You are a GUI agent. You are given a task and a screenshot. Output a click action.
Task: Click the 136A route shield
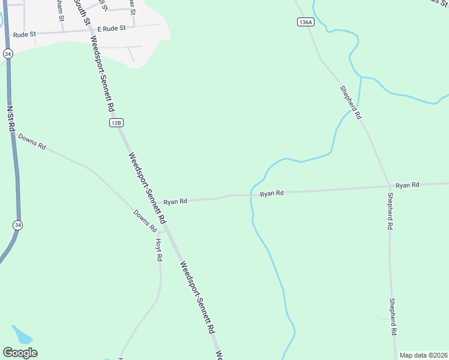point(305,22)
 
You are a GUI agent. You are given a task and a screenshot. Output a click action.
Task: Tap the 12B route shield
point(116,122)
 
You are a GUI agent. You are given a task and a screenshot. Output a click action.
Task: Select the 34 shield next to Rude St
point(8,53)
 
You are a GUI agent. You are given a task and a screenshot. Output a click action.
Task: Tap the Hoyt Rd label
point(159,249)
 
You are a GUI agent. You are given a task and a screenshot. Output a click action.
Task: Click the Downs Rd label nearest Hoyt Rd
point(145,221)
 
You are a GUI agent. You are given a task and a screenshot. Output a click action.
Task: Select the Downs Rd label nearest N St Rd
point(32,142)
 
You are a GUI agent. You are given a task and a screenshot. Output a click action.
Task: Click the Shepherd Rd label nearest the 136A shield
point(351,101)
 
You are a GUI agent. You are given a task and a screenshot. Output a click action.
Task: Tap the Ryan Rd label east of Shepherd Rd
point(407,185)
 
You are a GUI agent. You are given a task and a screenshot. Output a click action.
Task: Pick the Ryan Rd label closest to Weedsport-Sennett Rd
point(175,202)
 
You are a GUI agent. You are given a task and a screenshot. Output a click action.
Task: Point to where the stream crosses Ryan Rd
point(252,195)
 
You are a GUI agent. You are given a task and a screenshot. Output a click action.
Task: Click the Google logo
point(20,353)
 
